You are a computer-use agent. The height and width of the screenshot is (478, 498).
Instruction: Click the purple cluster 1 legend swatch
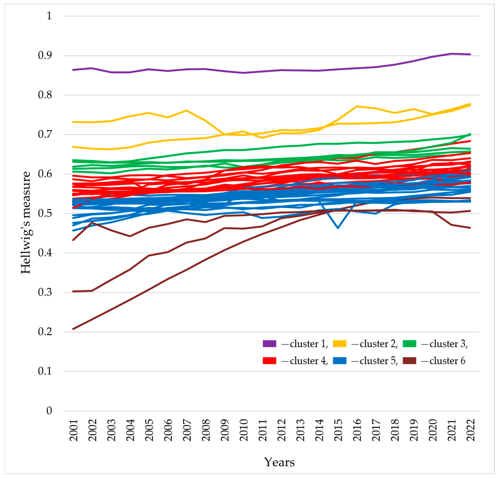269,344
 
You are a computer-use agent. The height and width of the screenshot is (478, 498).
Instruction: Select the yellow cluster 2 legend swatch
339,344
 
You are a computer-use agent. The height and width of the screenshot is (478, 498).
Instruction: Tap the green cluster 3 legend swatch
409,344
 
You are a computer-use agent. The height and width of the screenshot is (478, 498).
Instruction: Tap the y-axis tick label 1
49,16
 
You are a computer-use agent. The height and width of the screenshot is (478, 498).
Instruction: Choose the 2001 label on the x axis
74,430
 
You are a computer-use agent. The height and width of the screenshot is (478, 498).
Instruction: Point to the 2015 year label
338,430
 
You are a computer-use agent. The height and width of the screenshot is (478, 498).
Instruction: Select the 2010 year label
244,430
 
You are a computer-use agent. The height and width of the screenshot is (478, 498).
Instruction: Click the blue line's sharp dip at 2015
338,228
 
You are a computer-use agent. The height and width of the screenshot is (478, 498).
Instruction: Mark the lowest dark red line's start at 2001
73,329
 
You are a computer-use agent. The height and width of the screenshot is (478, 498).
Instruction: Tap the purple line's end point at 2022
470,54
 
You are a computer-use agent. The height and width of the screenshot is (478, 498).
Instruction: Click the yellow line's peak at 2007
187,110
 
